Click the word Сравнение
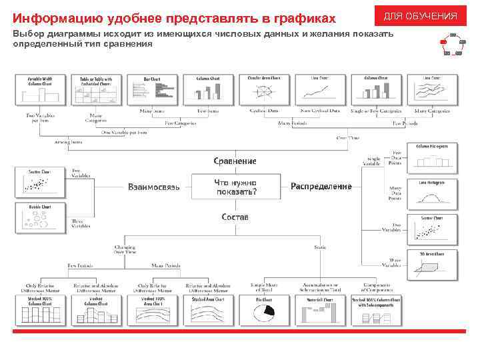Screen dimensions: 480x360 coord(235,161)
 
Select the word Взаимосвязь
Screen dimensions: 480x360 coord(153,187)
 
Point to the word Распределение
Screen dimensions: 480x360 coord(321,187)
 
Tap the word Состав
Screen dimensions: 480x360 coord(235,217)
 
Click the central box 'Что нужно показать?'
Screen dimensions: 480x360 coord(235,187)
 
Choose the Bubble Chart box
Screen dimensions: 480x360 coord(40,217)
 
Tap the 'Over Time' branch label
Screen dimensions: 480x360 coord(347,138)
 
